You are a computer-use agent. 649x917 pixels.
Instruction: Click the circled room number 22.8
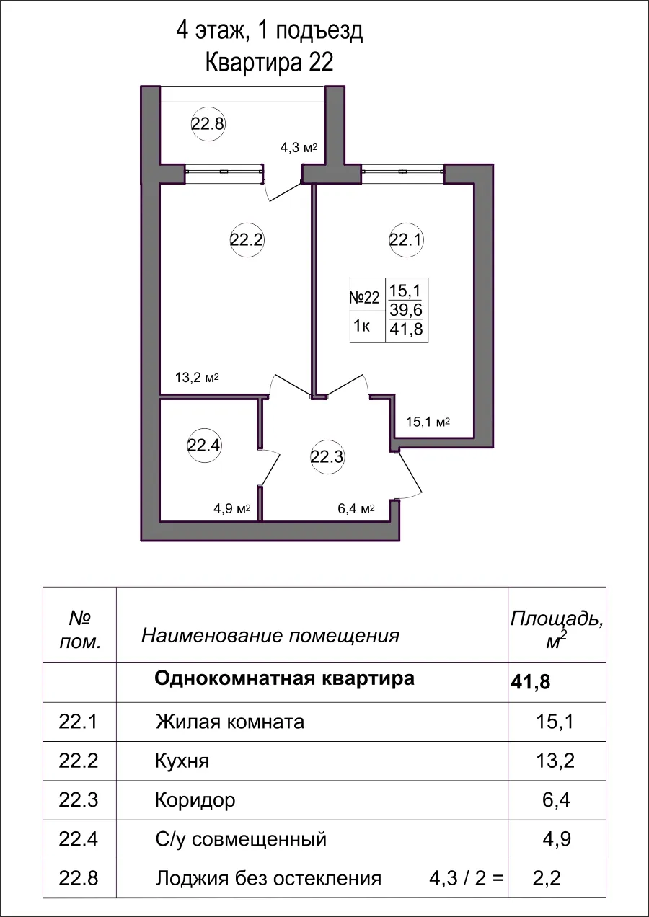[208, 123]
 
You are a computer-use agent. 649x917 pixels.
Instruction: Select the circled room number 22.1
[405, 240]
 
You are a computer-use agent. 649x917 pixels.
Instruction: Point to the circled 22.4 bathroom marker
[203, 445]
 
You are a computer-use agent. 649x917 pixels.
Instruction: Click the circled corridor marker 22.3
[327, 456]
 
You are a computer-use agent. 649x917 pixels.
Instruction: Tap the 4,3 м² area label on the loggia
[299, 149]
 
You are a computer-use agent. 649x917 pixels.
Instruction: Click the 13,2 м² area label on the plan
[197, 377]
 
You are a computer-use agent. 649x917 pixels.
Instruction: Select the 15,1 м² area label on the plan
[428, 422]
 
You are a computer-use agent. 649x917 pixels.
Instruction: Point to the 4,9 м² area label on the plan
[231, 509]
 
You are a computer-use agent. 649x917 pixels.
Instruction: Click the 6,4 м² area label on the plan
[356, 509]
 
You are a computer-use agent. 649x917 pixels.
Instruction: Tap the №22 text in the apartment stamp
[365, 298]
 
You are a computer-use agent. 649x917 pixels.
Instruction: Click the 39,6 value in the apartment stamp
[405, 310]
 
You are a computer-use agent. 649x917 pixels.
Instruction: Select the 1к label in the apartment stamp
[361, 327]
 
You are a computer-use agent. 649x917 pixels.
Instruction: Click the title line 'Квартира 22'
[270, 63]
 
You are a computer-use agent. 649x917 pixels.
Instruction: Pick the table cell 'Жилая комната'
[229, 722]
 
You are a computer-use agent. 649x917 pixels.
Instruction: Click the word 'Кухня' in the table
[182, 761]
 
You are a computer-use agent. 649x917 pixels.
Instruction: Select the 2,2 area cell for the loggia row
[546, 878]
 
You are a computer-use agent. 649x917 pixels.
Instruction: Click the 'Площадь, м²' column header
[556, 628]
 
